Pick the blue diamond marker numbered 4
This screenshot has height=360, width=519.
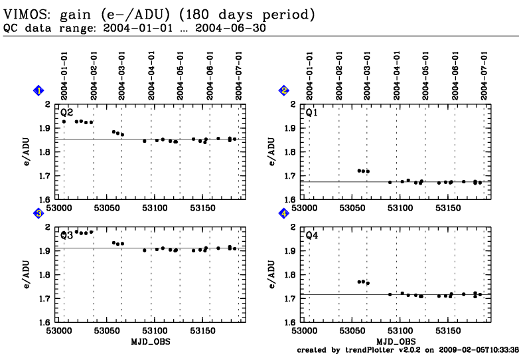point(284,214)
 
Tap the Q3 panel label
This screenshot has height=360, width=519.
point(67,235)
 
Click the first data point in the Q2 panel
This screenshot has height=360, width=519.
point(64,122)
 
